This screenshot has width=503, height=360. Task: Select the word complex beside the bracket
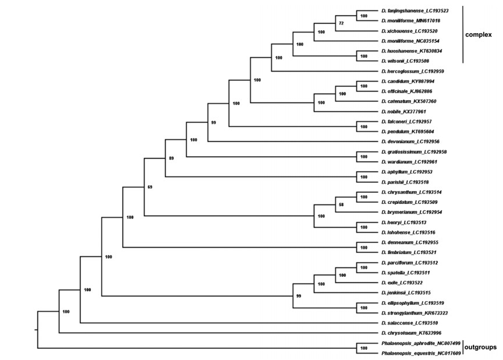coord(479,35)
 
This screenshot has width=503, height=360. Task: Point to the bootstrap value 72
coord(342,23)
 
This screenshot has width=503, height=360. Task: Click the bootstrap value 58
coord(342,204)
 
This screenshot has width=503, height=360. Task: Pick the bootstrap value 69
coord(150,186)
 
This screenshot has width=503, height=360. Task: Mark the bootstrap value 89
coord(171,158)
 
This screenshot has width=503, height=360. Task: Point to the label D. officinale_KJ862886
coord(407,91)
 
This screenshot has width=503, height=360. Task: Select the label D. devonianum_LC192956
coord(410,142)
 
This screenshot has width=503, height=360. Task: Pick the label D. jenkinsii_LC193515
coord(405,292)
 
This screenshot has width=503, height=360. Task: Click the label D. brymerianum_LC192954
coord(410,212)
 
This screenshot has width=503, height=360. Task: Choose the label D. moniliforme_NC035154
coord(409,41)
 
